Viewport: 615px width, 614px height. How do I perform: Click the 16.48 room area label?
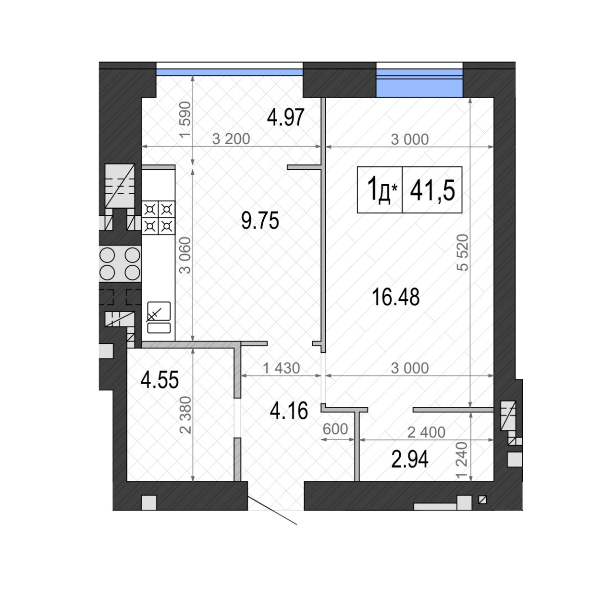point(395,297)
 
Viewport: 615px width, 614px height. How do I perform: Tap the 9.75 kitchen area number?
point(260,220)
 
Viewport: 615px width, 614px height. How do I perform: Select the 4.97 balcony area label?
point(285,117)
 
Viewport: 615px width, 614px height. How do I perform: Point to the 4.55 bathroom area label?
point(160,380)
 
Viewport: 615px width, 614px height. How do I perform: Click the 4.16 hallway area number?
point(289,411)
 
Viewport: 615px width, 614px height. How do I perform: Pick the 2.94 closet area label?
point(410,460)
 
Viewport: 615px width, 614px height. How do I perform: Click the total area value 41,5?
point(432,190)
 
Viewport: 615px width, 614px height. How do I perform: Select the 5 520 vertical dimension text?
point(462,253)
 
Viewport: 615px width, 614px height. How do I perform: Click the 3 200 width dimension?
point(231,139)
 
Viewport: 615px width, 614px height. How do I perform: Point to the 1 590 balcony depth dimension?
point(185,120)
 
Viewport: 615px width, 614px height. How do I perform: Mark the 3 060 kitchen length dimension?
point(185,256)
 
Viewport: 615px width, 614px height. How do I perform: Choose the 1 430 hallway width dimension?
point(281,368)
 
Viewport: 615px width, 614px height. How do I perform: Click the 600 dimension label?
point(335,429)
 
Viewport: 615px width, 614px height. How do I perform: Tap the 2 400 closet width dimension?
point(426,433)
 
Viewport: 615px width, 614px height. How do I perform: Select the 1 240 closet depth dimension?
point(462,460)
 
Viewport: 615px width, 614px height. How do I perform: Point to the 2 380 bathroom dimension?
point(185,415)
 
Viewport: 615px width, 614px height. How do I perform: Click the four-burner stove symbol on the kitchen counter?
point(158,217)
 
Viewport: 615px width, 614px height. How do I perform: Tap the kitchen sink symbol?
point(159,317)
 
